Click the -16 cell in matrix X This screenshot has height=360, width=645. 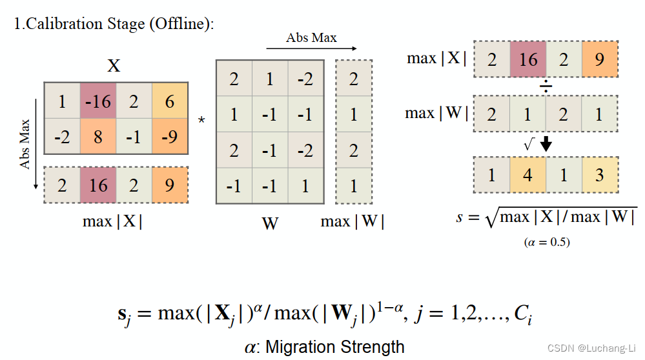click(98, 101)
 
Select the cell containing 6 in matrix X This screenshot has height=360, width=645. click(170, 101)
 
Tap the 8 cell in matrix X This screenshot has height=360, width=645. click(98, 136)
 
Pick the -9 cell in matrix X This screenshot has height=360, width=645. click(170, 136)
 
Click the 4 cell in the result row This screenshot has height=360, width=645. click(528, 175)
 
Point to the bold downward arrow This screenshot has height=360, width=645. click(546, 145)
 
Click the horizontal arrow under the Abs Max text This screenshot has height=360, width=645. click(311, 48)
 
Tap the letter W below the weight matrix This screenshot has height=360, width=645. click(270, 223)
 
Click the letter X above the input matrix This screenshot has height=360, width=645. click(114, 66)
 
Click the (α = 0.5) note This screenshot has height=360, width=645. click(546, 243)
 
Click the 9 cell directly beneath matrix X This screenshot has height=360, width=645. click(170, 186)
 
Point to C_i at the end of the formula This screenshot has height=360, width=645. click(523, 315)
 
